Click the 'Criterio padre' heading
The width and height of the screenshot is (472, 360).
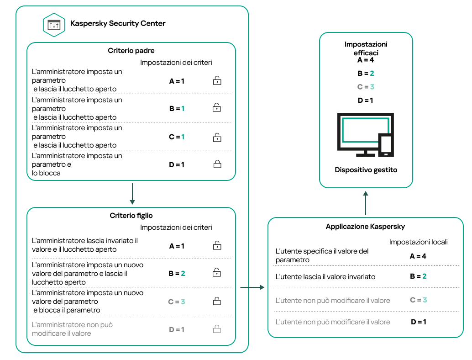pyautogui.click(x=131, y=51)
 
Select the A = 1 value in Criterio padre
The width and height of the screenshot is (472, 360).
pyautogui.click(x=177, y=81)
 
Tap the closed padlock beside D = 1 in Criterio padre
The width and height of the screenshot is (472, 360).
pyautogui.click(x=217, y=164)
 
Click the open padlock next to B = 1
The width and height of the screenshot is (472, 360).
pyautogui.click(x=217, y=108)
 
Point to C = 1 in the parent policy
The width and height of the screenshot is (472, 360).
pyautogui.click(x=177, y=137)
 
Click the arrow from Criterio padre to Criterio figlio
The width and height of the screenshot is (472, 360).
pyautogui.click(x=131, y=194)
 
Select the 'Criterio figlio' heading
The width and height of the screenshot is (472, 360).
pyautogui.click(x=131, y=216)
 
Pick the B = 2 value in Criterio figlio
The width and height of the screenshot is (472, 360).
pyautogui.click(x=177, y=273)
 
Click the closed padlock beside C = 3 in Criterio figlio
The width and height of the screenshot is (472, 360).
pyautogui.click(x=217, y=301)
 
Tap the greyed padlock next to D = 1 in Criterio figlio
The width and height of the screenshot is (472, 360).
pyautogui.click(x=217, y=329)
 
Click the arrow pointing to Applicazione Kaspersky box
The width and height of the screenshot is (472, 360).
pyautogui.click(x=252, y=287)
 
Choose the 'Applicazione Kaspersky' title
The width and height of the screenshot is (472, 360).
pyautogui.click(x=365, y=227)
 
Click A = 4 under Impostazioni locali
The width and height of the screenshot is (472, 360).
pyautogui.click(x=418, y=256)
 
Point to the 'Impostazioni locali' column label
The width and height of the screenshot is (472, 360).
pyautogui.click(x=418, y=242)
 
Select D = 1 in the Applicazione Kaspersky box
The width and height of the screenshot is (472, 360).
pyautogui.click(x=418, y=322)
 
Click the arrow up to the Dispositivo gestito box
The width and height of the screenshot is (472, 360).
pyautogui.click(x=366, y=203)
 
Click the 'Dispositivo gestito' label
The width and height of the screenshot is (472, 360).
pyautogui.click(x=366, y=170)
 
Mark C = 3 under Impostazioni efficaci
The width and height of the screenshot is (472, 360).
pyautogui.click(x=366, y=87)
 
